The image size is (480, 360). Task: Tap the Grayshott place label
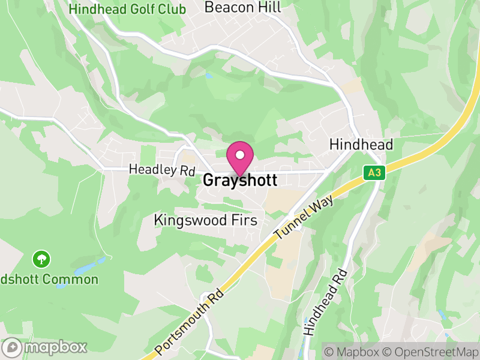(240, 180)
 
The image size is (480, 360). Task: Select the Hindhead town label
(361, 145)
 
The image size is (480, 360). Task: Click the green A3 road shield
(374, 173)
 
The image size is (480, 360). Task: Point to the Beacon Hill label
(242, 7)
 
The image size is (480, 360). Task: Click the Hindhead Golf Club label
(127, 9)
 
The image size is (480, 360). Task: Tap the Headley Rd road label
(163, 170)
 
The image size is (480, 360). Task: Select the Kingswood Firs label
(206, 220)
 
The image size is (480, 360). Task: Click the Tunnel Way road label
(302, 215)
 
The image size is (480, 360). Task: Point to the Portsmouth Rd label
(189, 320)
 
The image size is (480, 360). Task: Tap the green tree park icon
(41, 259)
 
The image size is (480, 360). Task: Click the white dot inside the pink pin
(240, 155)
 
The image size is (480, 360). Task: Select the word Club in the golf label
(172, 9)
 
